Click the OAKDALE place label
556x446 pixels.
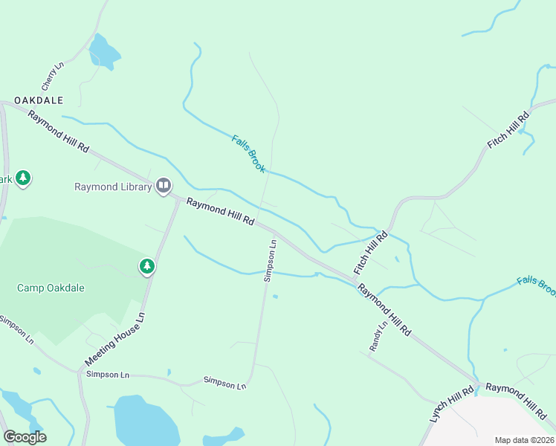pos(38,100)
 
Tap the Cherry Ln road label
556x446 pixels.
pos(53,77)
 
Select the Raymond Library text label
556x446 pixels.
pos(113,187)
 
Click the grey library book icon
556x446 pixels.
pos(164,186)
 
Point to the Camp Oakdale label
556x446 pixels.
pos(51,288)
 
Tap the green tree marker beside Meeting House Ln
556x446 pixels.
pos(147,266)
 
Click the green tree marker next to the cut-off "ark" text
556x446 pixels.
pos(23,178)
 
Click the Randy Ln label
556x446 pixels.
pos(378,337)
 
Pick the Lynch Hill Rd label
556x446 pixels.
pos(451,404)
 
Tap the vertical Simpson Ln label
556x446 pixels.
pos(270,260)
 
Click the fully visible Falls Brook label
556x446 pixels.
pos(248,154)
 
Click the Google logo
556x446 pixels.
pos(25,437)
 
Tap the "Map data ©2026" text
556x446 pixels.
pos(524,440)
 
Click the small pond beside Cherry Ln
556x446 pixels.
pos(103,52)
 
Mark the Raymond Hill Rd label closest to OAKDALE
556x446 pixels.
pos(58,132)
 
